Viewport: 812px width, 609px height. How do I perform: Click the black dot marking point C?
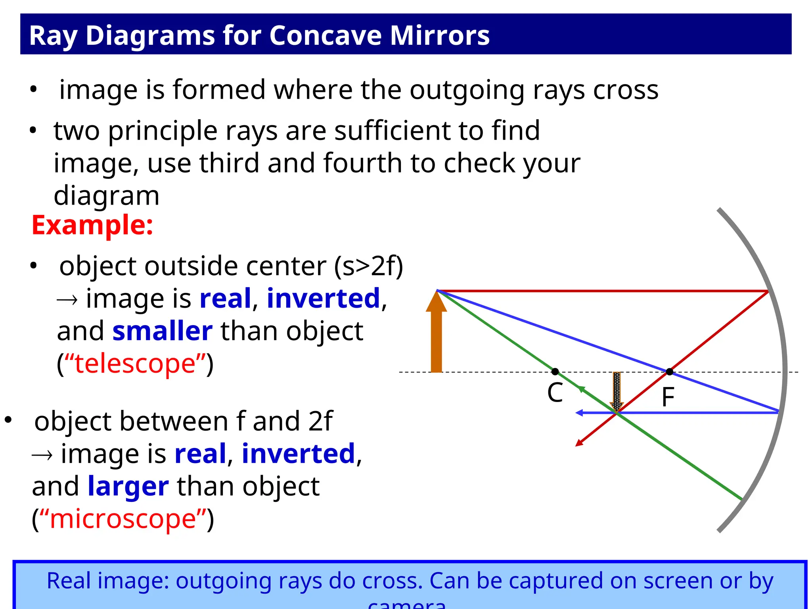555,372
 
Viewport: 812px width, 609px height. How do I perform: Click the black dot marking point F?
670,372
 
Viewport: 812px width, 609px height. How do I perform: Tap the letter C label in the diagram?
555,393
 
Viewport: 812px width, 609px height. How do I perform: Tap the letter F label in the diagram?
668,397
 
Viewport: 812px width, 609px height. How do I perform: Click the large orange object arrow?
436,333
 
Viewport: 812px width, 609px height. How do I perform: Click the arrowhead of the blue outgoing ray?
579,413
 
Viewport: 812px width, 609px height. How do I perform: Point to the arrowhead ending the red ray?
579,443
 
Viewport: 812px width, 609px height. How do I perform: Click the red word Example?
92,225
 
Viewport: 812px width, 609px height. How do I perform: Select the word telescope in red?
135,364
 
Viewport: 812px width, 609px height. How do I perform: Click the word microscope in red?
123,519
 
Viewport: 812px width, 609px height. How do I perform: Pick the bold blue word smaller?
162,331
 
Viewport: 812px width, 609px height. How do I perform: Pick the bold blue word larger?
128,486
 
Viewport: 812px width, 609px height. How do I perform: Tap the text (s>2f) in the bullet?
369,266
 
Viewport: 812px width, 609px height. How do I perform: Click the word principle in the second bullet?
163,131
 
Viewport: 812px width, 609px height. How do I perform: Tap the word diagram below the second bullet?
106,196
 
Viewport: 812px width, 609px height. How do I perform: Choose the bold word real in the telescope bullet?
225,299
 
